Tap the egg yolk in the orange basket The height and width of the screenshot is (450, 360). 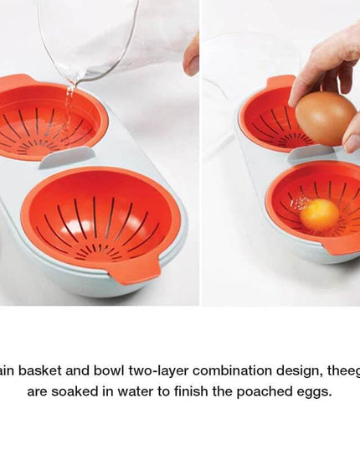[319, 215]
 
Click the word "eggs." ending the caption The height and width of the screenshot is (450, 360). [311, 391]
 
